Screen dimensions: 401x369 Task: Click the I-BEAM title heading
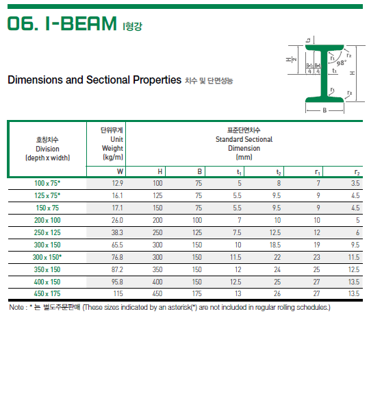pos(62,25)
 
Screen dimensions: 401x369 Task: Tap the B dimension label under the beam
pos(324,109)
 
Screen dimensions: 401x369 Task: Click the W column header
pos(120,171)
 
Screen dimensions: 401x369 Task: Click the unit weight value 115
pos(118,294)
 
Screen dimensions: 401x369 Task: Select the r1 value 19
pos(316,245)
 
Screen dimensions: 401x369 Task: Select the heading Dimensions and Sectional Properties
pos(94,80)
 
